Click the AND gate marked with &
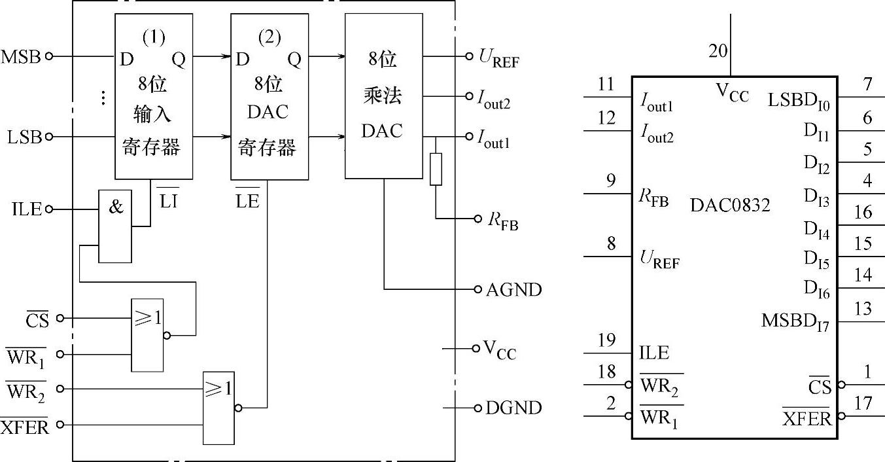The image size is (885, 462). click(114, 226)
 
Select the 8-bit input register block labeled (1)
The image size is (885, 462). click(154, 96)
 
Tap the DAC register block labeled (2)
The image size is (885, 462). click(269, 96)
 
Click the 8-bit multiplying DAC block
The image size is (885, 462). click(383, 96)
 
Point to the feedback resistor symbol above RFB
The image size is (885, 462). click(436, 169)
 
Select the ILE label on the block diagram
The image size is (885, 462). click(26, 210)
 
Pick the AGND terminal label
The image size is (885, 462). click(514, 289)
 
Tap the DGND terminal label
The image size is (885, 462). click(513, 408)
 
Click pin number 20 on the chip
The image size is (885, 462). click(718, 51)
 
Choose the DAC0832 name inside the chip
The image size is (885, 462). click(730, 206)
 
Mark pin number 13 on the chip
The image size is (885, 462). click(863, 309)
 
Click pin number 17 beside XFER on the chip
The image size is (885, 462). click(863, 404)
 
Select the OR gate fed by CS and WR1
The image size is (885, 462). click(147, 335)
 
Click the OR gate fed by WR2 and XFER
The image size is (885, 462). click(218, 408)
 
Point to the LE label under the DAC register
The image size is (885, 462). click(247, 202)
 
